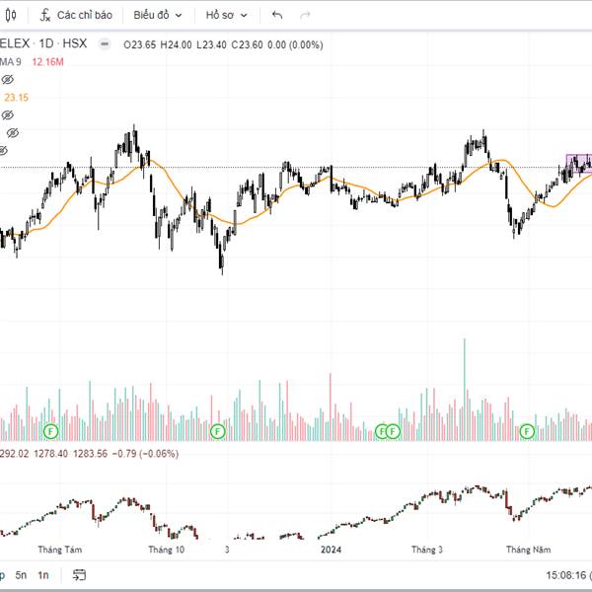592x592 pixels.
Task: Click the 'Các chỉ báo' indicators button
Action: [76, 16]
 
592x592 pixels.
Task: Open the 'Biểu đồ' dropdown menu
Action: [158, 16]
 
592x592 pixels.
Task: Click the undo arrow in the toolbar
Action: [277, 16]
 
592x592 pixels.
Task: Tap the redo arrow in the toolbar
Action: [305, 16]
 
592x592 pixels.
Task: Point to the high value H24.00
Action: [178, 44]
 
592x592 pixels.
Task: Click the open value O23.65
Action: [141, 44]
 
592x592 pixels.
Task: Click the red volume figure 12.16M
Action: [47, 61]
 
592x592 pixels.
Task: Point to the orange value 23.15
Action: [16, 97]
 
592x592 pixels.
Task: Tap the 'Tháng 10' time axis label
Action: [166, 549]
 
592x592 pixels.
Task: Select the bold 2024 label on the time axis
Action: [331, 549]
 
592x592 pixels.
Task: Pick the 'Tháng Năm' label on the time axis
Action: [525, 549]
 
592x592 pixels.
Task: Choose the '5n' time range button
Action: [21, 574]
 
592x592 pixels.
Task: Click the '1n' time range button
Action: [43, 574]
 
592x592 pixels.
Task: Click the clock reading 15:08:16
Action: [565, 574]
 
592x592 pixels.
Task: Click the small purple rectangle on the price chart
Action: [578, 160]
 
